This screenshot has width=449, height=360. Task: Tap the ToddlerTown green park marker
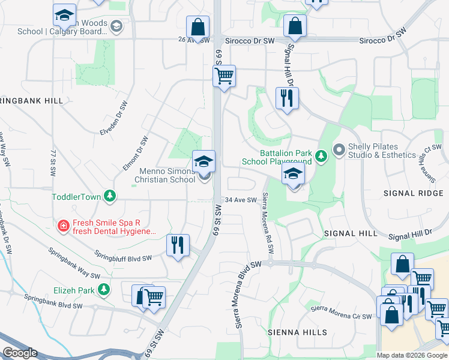coord(109,196)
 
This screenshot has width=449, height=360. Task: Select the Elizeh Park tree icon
coord(104,290)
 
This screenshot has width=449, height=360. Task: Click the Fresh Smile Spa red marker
coord(62,226)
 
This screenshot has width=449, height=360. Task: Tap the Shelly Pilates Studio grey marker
coord(339,149)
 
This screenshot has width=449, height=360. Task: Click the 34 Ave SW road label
coord(241,200)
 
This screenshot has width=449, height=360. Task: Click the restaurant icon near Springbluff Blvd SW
coord(178,246)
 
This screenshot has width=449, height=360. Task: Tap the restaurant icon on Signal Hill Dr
coord(287,98)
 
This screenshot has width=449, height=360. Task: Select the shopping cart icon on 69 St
coord(224,77)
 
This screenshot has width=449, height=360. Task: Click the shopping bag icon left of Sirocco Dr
coord(197,28)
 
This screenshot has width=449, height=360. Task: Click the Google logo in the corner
coord(19,353)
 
